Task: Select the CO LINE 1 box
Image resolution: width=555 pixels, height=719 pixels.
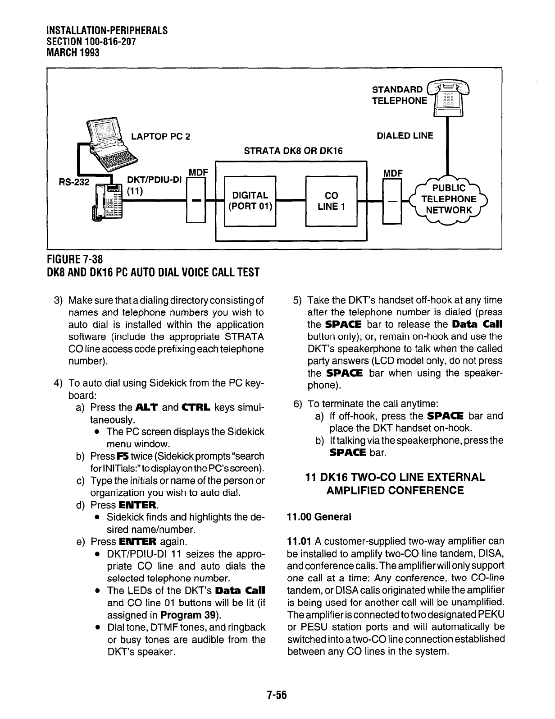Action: coord(331,201)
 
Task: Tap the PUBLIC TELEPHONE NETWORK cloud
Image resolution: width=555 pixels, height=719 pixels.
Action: coord(448,199)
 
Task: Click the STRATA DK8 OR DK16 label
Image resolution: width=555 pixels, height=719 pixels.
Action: coord(293,151)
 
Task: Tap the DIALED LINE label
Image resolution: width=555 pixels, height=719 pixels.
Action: coord(405,136)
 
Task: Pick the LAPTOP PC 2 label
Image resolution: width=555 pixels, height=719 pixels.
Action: coord(160,137)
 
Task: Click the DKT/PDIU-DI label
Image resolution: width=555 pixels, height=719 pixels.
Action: coord(155,180)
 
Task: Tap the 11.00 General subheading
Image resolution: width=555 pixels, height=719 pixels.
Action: coord(318,516)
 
